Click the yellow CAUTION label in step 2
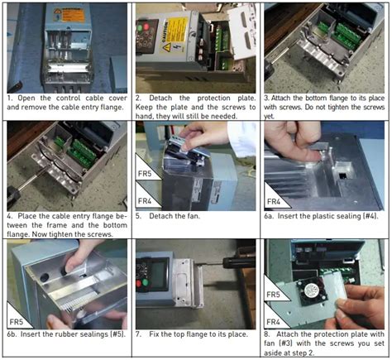pyautogui.click(x=174, y=35)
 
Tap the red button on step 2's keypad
pyautogui.click(x=146, y=26)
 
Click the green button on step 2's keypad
pyautogui.click(x=140, y=28)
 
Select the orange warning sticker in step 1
pyautogui.click(x=69, y=15)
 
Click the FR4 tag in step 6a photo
pyautogui.click(x=274, y=202)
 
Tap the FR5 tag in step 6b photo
pyautogui.click(x=17, y=322)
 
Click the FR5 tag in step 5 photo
pyautogui.click(x=145, y=174)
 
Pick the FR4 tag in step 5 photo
pyautogui.click(x=145, y=201)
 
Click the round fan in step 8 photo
pyautogui.click(x=312, y=290)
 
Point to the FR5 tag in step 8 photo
pyautogui.click(x=273, y=295)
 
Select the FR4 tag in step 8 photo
pyautogui.click(x=273, y=322)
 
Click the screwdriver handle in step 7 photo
pyautogui.click(x=239, y=262)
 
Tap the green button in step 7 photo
pyautogui.click(x=146, y=283)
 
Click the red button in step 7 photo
pyautogui.click(x=139, y=284)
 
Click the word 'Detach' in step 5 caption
pyautogui.click(x=160, y=216)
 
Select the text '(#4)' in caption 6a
pyautogui.click(x=370, y=216)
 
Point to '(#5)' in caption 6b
pyautogui.click(x=118, y=334)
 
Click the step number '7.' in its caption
pyautogui.click(x=138, y=334)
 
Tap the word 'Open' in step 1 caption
pyautogui.click(x=26, y=98)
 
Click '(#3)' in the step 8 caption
pyautogui.click(x=287, y=343)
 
